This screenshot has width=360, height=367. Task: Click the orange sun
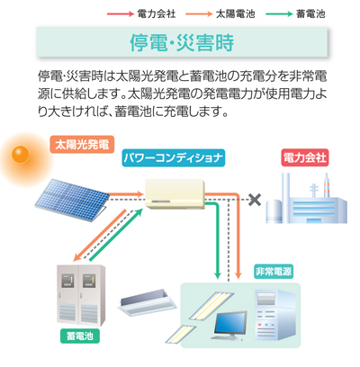tap(21, 155)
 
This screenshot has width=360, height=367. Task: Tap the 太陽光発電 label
tap(82, 145)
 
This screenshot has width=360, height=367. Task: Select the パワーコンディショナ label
tap(174, 157)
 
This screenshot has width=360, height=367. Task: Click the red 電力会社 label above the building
tap(305, 157)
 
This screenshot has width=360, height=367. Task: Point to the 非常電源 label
tap(274, 272)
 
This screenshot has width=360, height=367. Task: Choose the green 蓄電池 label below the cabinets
tap(80, 336)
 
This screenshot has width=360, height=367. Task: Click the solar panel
tap(72, 201)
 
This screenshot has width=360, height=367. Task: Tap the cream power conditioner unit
tap(175, 194)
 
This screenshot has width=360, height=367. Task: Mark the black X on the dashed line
tap(255, 200)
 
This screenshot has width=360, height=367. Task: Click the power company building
tap(306, 200)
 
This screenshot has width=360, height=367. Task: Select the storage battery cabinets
tap(81, 295)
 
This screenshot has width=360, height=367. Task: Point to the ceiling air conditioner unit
tap(147, 302)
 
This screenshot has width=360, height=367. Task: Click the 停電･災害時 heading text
tap(182, 42)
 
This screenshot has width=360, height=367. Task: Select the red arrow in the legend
tap(121, 13)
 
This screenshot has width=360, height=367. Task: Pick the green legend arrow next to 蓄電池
tap(279, 13)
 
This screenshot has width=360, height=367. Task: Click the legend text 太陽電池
tap(236, 13)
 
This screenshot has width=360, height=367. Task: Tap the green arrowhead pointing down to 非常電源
tap(218, 275)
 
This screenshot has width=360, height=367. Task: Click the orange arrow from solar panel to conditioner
tap(124, 194)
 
